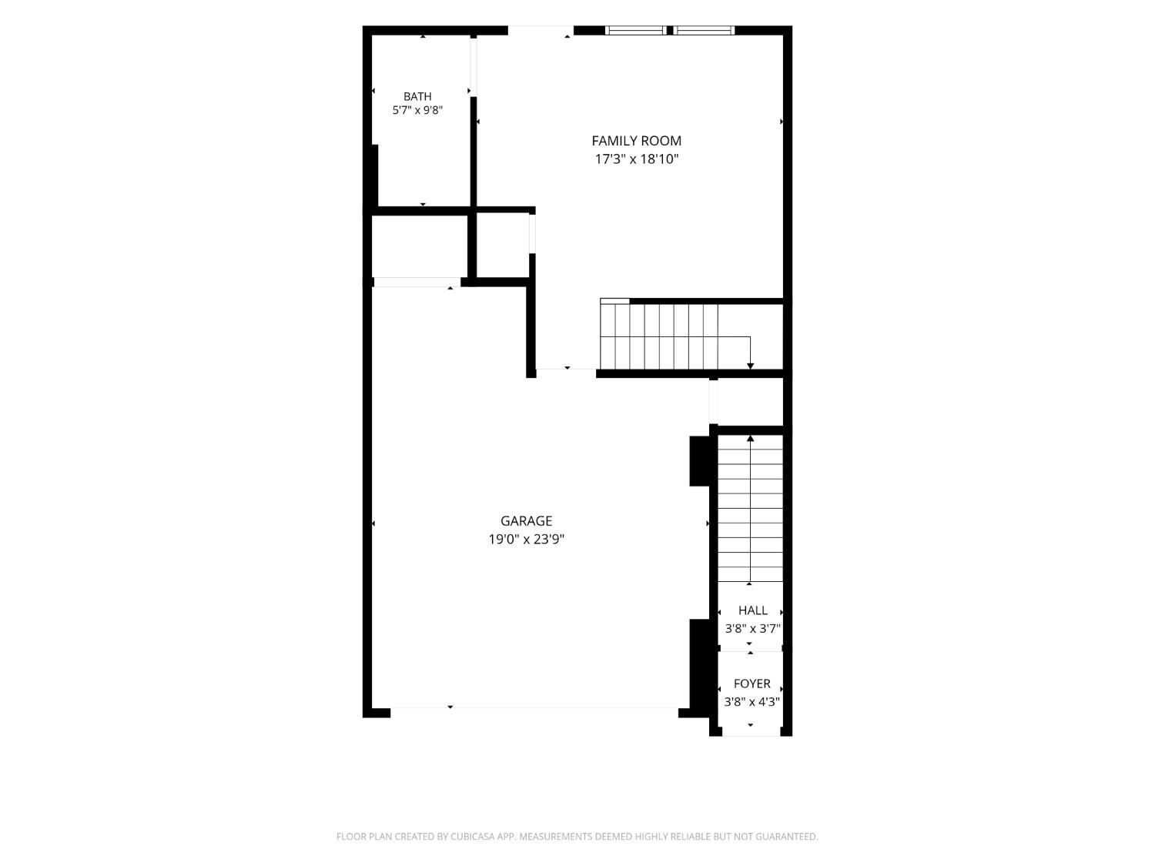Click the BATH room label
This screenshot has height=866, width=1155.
click(417, 96)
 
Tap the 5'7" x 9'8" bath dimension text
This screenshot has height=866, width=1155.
click(417, 110)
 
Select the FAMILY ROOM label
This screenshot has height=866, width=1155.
click(636, 141)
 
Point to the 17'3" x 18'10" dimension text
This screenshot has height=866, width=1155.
click(636, 159)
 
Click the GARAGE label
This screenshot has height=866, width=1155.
click(526, 520)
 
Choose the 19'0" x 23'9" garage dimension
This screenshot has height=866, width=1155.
click(526, 539)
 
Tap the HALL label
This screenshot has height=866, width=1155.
click(752, 610)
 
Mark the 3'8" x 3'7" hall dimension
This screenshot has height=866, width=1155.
click(752, 628)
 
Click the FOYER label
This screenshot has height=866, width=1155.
click(752, 684)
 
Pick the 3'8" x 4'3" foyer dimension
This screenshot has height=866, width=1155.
click(752, 702)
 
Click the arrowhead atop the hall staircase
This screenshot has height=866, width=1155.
click(750, 438)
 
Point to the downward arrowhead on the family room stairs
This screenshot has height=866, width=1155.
click(750, 366)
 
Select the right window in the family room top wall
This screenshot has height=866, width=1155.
click(704, 31)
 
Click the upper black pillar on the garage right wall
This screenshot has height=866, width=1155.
click(700, 461)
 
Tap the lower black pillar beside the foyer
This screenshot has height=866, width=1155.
click(700, 667)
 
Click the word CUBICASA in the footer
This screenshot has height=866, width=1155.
click(473, 837)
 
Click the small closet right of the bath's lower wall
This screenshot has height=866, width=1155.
click(503, 246)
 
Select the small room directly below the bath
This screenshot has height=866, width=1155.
click(420, 246)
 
